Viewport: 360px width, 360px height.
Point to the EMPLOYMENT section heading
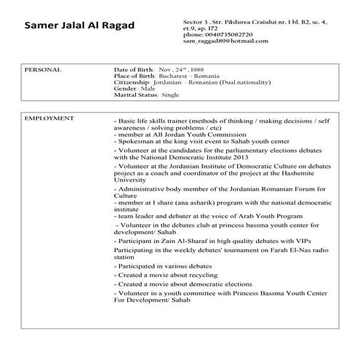tap(49, 117)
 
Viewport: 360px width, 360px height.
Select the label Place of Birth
tap(134, 76)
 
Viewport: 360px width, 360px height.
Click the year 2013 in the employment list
tap(243, 156)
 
